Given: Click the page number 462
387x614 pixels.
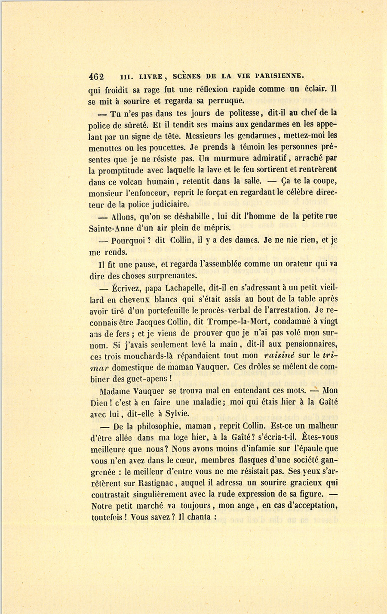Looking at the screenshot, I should pos(96,77).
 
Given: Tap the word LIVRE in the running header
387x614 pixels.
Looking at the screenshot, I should pos(150,77).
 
